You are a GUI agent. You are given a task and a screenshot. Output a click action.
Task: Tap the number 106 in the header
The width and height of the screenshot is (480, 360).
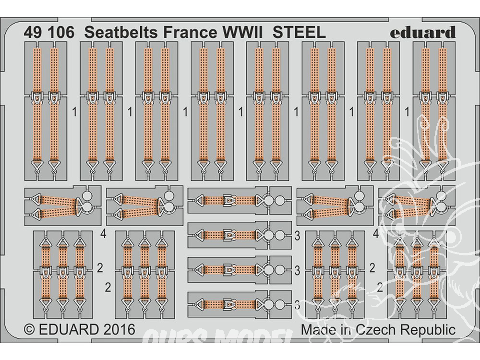(60, 32)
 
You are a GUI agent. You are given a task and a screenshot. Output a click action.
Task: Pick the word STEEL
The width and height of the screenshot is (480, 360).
(299, 32)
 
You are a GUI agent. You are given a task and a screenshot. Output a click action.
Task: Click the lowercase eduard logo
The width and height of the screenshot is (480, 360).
(422, 32)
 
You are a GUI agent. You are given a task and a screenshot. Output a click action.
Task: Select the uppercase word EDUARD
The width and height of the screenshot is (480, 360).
(72, 330)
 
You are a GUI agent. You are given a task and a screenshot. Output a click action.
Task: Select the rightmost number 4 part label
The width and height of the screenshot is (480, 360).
(377, 235)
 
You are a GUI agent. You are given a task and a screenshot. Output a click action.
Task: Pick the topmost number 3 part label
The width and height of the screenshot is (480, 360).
(298, 236)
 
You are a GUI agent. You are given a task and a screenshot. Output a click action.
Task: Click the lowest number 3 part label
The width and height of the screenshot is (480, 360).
(298, 304)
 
